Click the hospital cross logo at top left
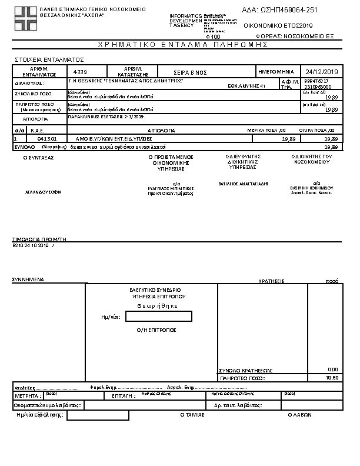pyautogui.click(x=25, y=19)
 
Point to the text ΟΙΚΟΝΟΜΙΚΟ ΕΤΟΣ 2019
pyautogui.click(x=278, y=26)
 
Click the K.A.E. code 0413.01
pyautogui.click(x=46, y=138)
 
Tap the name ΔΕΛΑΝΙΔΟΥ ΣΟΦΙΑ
pyautogui.click(x=43, y=192)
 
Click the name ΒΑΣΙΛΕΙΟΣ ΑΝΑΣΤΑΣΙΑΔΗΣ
pyautogui.click(x=243, y=184)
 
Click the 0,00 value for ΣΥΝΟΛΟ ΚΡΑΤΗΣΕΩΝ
pyautogui.click(x=332, y=370)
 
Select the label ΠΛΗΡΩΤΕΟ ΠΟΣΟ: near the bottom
pyautogui.click(x=241, y=378)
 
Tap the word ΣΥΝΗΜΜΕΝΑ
pyautogui.click(x=28, y=281)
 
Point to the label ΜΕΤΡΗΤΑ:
pyautogui.click(x=26, y=397)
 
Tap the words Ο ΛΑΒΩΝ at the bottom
pyautogui.click(x=299, y=414)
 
